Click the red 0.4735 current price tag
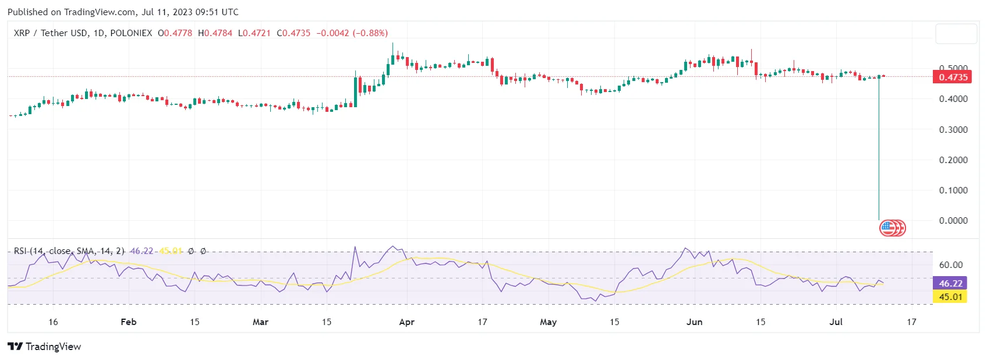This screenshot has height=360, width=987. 952,77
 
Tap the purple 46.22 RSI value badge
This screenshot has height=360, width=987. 950,283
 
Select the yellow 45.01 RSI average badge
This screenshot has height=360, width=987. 950,297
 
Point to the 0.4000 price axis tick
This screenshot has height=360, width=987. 953,99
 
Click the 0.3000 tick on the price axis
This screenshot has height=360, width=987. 953,129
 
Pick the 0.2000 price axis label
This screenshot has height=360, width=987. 953,160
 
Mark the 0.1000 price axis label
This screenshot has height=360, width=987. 953,190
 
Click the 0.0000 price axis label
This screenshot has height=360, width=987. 953,220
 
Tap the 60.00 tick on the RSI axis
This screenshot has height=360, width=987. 950,264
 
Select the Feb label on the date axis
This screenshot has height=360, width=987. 128,322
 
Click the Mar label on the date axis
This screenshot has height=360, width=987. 260,322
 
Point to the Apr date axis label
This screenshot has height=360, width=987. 406,322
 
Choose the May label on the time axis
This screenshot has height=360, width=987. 548,322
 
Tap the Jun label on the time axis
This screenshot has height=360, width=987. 694,322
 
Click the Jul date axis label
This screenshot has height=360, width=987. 836,322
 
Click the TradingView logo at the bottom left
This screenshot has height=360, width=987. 44,347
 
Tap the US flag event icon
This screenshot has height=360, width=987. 887,228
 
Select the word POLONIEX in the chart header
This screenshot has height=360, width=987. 131,33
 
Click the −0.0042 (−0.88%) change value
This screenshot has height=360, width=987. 352,33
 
